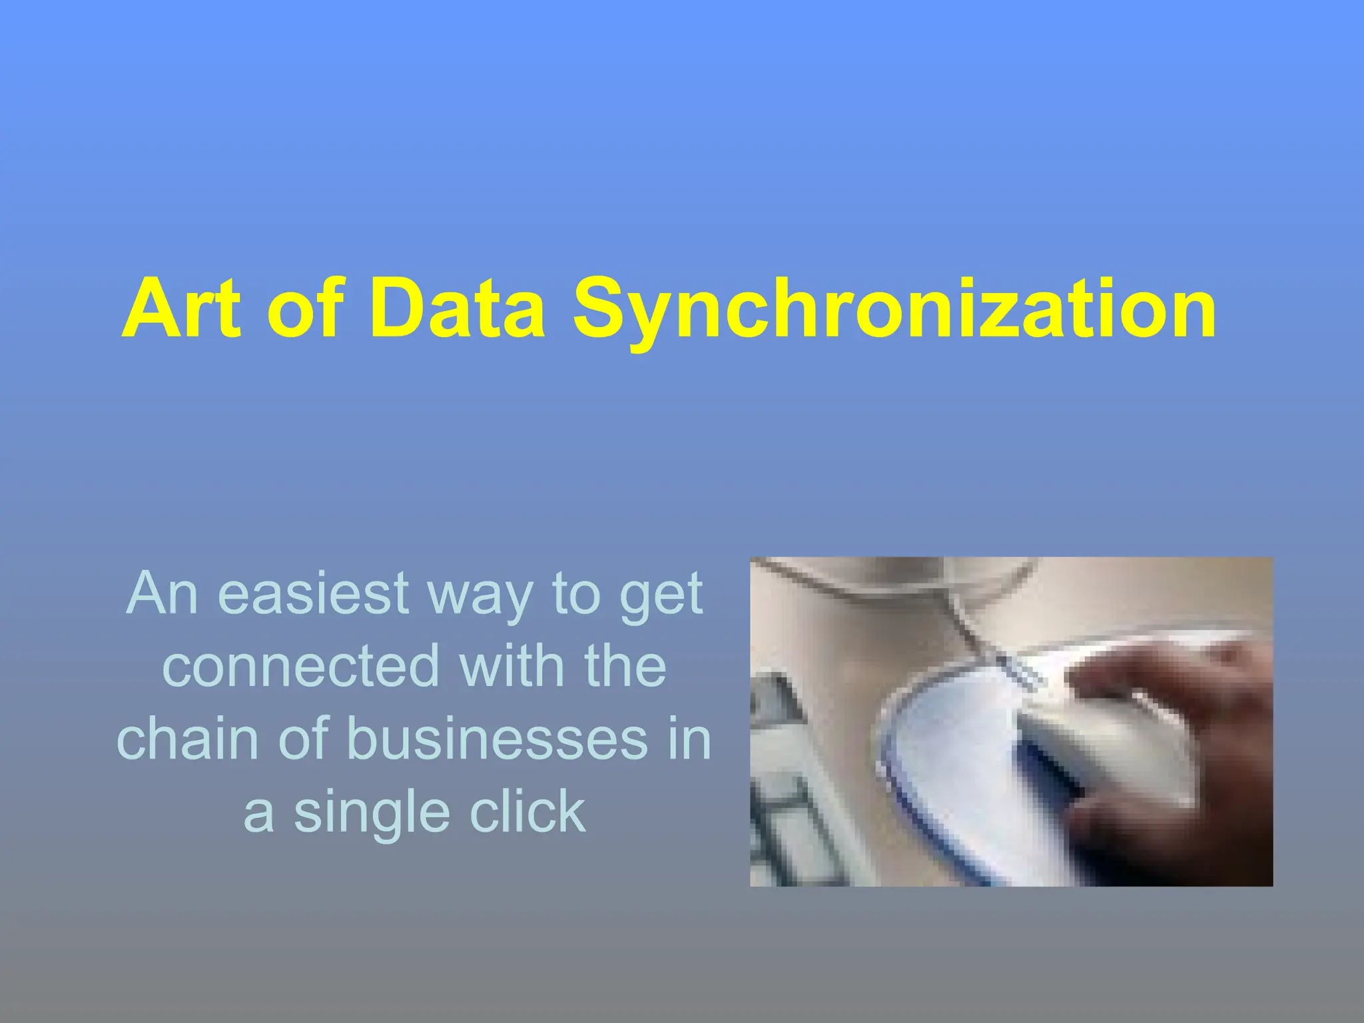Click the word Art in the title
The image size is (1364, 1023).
click(181, 309)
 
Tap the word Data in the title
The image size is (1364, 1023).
click(457, 309)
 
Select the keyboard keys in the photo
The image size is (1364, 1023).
click(786, 799)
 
